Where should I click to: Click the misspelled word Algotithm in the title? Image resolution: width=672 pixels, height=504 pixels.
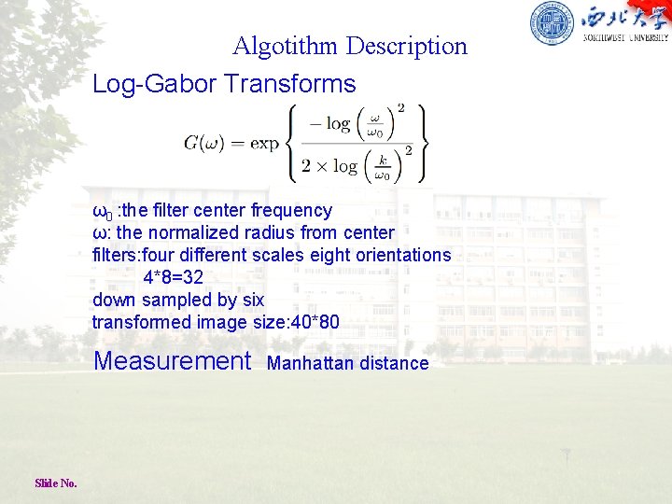(x=286, y=46)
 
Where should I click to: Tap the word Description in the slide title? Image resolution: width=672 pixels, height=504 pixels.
(x=407, y=46)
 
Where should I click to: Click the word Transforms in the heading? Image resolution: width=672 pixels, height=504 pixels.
(x=290, y=84)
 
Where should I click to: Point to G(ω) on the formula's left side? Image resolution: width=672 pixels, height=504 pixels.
(x=203, y=143)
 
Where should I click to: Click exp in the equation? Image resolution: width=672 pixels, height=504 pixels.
(x=265, y=143)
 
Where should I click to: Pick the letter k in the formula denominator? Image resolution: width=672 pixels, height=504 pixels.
(x=382, y=160)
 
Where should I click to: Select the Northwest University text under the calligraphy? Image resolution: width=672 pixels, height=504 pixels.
(x=625, y=38)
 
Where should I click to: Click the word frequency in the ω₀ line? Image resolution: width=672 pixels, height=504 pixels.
(x=290, y=211)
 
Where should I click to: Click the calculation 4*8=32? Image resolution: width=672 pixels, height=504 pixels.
(x=173, y=277)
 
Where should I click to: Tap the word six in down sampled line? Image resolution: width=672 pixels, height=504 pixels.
(x=253, y=300)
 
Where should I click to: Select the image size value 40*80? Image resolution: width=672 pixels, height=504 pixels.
(x=315, y=322)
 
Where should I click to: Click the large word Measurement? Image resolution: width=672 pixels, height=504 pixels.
(x=173, y=360)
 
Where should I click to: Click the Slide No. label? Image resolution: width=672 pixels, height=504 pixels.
(x=56, y=483)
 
